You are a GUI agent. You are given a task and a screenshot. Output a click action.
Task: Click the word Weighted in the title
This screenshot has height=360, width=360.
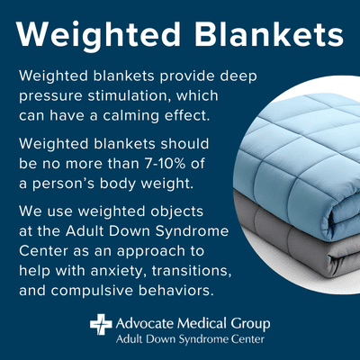[x=98, y=36]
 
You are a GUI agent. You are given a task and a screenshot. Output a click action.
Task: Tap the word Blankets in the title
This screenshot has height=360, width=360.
[x=262, y=36]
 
